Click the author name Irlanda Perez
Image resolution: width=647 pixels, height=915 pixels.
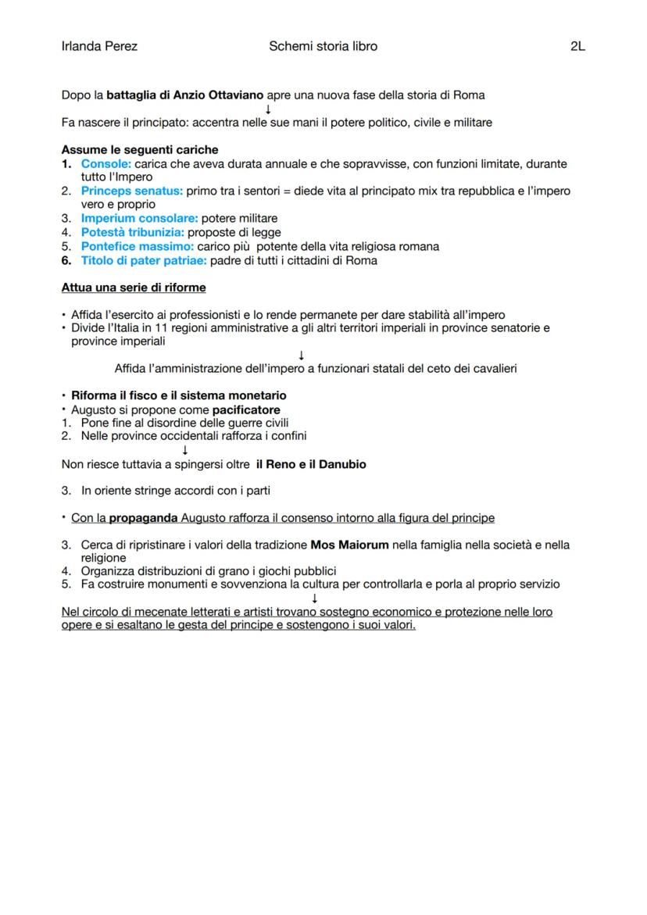[x=99, y=46]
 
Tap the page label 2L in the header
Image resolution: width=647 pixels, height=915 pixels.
[x=577, y=46]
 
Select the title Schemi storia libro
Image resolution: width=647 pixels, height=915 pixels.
[x=323, y=46]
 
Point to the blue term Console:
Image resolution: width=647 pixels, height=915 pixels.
[x=106, y=164]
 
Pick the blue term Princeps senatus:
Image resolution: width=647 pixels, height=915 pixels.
[x=131, y=191]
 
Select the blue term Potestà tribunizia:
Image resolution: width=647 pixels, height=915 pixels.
[x=132, y=232]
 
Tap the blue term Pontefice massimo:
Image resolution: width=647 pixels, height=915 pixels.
[x=137, y=246]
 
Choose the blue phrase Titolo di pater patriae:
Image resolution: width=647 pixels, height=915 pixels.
[x=145, y=260]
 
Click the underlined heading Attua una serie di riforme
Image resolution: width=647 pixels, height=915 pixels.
[x=134, y=288]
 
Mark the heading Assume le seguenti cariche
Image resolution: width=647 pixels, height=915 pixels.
[x=140, y=149]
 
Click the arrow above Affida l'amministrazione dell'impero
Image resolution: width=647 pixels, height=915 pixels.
[x=302, y=356]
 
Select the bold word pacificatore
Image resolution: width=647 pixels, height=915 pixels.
[x=246, y=409]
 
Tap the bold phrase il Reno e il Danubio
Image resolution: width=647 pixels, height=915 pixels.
[x=311, y=464]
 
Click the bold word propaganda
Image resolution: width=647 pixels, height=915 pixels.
[x=144, y=518]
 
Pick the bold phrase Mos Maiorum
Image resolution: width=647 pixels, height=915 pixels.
[x=349, y=545]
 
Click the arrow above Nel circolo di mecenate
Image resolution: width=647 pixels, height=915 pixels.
[x=315, y=599]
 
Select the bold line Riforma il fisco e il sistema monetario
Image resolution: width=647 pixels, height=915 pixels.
[x=178, y=395]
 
